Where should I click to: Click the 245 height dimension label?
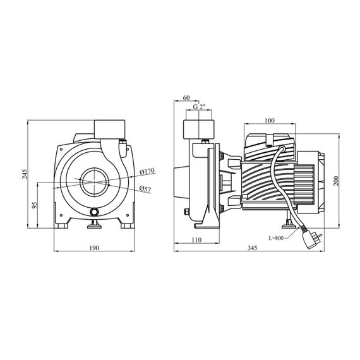pos(25,174)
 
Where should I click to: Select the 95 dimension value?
pos(34,205)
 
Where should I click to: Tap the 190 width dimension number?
pos(94,248)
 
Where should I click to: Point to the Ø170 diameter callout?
pos(147,171)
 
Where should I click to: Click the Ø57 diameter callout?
pos(145,189)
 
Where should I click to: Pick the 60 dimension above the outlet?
pos(186,97)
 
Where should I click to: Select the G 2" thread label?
pos(199,107)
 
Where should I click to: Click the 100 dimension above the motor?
pos(270,121)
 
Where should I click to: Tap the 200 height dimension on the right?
pos(336,181)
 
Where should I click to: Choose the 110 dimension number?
pos(196,240)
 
